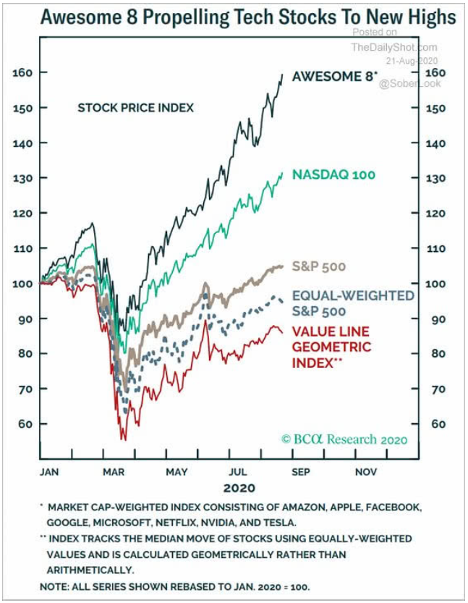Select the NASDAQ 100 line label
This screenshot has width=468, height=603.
333,174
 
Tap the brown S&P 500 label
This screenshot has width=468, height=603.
319,266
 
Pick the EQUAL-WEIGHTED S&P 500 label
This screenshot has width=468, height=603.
352,303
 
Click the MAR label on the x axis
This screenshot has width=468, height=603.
114,472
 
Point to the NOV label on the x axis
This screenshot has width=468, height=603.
366,472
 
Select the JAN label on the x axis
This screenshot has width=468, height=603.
48,472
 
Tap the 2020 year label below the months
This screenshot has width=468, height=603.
239,488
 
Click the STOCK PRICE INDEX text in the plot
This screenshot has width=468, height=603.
136,108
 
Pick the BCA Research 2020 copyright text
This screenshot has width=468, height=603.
344,439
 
